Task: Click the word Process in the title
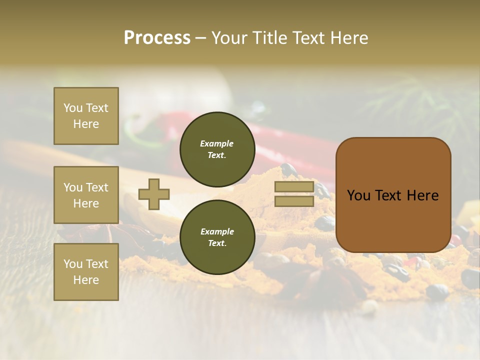tap(157, 37)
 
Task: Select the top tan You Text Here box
tap(86, 116)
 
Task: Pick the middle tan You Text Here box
tap(86, 195)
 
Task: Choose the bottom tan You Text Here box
tap(86, 272)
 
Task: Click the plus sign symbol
tap(153, 194)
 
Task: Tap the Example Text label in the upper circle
tap(217, 149)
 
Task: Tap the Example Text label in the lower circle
tap(217, 237)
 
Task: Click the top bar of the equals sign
tap(294, 187)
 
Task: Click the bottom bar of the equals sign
tap(294, 201)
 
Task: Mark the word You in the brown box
tap(358, 195)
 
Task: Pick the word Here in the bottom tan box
tap(86, 280)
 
